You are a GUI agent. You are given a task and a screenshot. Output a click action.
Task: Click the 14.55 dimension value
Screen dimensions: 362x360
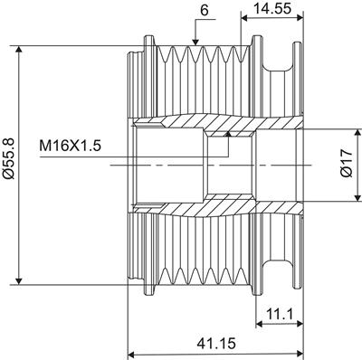pos(272,8)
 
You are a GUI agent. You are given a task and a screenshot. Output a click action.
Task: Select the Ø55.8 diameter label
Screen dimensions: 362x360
pos(8,159)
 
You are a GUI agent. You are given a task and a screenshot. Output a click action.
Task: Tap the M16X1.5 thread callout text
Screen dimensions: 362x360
pos(70,147)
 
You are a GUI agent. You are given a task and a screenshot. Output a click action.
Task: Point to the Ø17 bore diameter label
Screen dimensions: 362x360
pos(347,163)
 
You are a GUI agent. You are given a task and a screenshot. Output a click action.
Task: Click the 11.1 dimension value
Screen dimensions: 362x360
pos(280,315)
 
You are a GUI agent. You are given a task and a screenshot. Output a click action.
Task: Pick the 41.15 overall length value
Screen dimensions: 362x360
pos(216,343)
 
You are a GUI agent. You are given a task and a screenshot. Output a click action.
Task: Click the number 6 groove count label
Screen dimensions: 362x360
pos(205,11)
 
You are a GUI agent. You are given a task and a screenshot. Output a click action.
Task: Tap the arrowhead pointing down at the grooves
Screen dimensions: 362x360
pos(195,43)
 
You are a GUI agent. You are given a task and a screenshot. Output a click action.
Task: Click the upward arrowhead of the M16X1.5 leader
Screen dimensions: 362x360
pos(228,134)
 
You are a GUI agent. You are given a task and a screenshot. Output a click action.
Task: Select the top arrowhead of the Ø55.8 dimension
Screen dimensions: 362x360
pos(19,49)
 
